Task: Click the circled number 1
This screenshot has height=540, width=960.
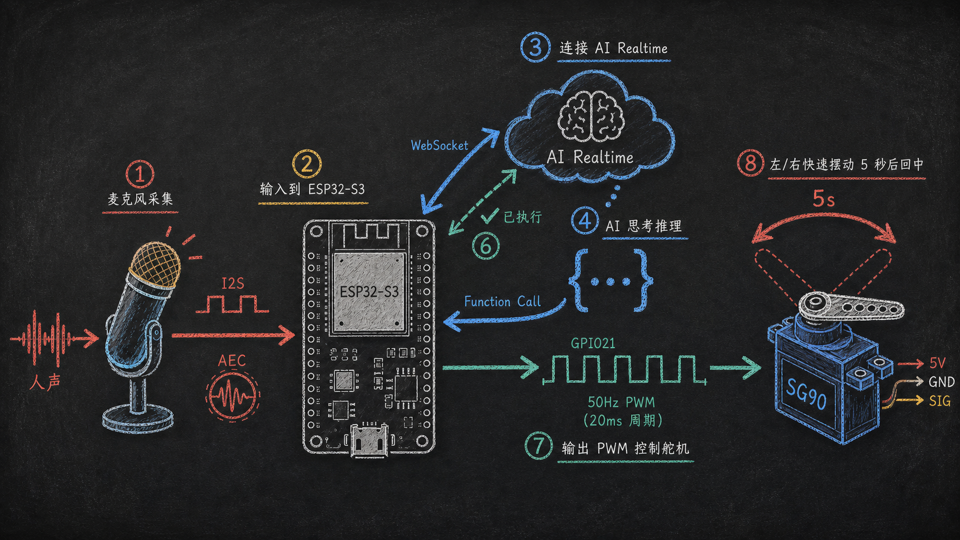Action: [x=140, y=174]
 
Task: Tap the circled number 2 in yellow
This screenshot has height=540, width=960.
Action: [x=307, y=163]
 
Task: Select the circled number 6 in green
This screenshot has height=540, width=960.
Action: [x=486, y=246]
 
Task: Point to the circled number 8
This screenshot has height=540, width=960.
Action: [x=750, y=163]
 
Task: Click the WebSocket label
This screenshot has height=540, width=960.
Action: [x=439, y=146]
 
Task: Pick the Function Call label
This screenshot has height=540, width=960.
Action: [x=502, y=301]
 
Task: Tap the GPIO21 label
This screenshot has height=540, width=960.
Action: [x=593, y=343]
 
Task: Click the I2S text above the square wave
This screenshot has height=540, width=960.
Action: [x=233, y=283]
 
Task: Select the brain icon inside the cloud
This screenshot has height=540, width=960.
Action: [x=591, y=115]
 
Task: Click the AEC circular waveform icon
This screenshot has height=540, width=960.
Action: [x=232, y=394]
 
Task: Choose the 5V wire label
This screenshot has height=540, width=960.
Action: [x=937, y=364]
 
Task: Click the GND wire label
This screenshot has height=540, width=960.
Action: [x=942, y=382]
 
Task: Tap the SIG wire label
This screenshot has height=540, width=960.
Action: [x=940, y=401]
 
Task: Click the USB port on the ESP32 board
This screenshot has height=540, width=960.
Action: [x=369, y=440]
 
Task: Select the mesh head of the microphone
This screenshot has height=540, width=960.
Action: [x=155, y=264]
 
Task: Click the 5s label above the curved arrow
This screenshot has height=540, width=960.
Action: [x=824, y=199]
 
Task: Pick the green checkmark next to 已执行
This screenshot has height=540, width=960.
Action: [x=489, y=215]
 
